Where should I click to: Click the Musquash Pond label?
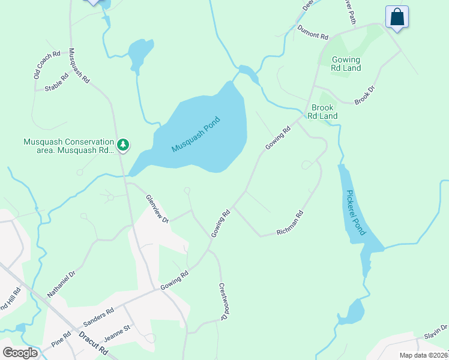(x=196, y=134)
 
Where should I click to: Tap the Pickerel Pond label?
(x=355, y=214)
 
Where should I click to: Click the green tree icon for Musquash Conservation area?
(x=123, y=145)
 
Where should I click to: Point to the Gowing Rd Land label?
(x=346, y=64)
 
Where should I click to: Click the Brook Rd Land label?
(x=324, y=112)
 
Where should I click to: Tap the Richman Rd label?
(x=289, y=222)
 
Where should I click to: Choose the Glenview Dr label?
(x=158, y=208)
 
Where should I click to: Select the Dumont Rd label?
(x=313, y=32)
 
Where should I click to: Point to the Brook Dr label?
(x=364, y=95)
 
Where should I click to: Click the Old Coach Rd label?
(x=47, y=65)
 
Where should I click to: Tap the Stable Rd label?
(x=56, y=85)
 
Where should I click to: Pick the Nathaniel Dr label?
(x=61, y=284)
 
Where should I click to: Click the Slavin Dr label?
(x=435, y=331)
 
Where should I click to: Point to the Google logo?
(x=20, y=353)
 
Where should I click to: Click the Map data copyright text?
(x=423, y=355)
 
